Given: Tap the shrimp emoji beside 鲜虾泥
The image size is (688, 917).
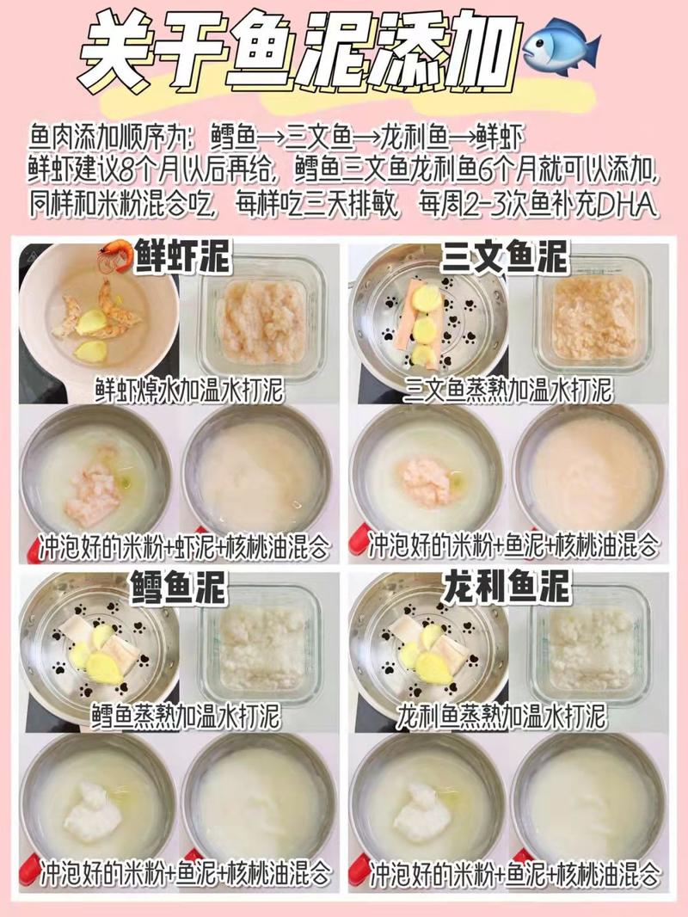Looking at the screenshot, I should (x=114, y=255).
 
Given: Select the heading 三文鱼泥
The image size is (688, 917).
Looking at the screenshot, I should (x=505, y=257).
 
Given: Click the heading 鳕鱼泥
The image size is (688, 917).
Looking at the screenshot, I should (x=177, y=588).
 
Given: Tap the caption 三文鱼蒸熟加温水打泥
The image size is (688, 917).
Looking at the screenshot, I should (x=508, y=390).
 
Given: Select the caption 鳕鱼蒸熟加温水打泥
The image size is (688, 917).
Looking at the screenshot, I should (x=187, y=715).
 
